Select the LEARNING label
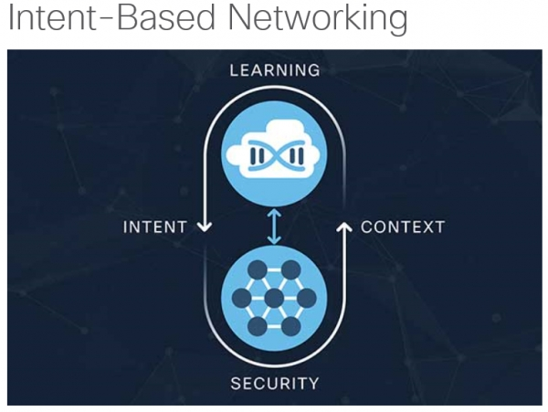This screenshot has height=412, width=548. [274, 70]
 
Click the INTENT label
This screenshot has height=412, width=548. [155, 227]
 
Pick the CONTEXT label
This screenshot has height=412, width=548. [403, 227]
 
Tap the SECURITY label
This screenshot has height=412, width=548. [275, 383]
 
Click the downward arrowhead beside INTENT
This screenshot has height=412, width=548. [204, 228]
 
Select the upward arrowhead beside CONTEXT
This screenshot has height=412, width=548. [345, 225]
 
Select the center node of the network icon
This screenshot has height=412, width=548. [274, 299]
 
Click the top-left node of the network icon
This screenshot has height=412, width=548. [258, 270]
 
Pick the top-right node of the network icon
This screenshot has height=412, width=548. [290, 270]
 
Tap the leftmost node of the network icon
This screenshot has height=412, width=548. [241, 299]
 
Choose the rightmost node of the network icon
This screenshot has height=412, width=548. [307, 299]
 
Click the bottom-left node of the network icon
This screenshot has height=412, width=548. [258, 327]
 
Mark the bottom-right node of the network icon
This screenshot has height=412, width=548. [290, 327]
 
